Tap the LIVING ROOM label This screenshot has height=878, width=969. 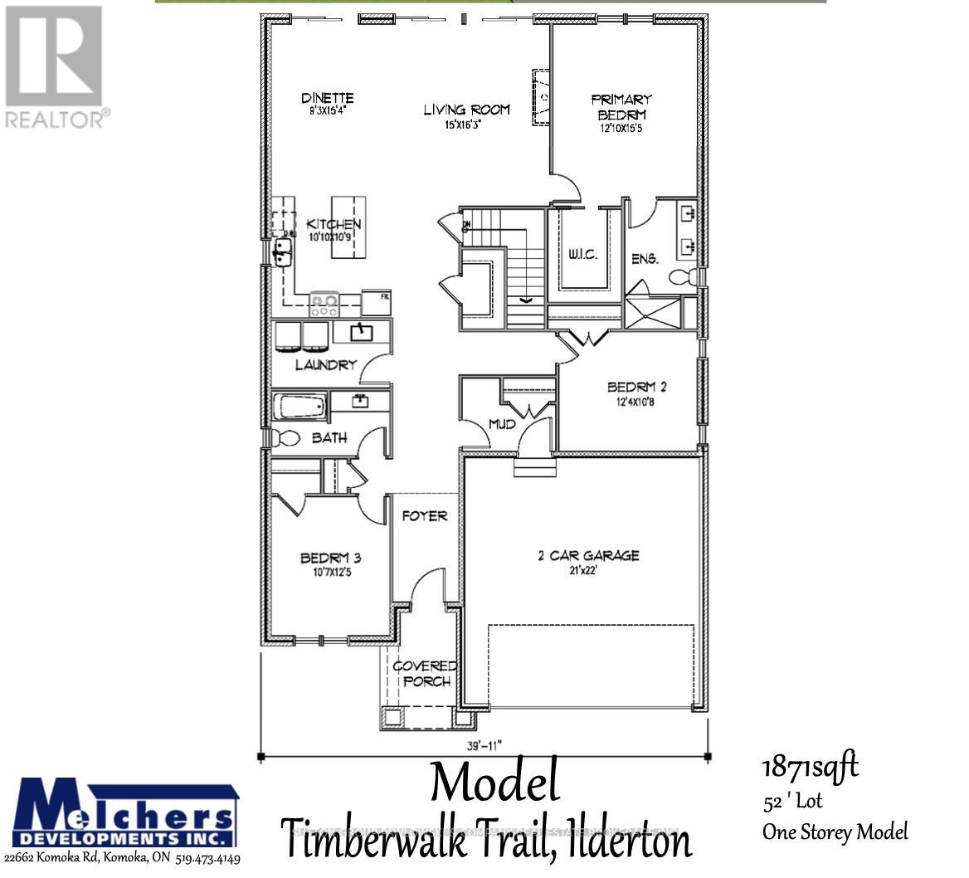[466, 110]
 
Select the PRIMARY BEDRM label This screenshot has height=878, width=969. [621, 107]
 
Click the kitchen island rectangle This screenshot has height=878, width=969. [348, 227]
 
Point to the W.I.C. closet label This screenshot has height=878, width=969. [583, 254]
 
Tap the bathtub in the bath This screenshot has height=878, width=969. [299, 407]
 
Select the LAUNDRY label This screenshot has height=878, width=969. [325, 364]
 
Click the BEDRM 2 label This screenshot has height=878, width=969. [637, 387]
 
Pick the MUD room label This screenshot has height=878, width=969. [502, 424]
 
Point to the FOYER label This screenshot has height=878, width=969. [425, 516]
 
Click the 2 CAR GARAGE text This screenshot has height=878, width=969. [588, 555]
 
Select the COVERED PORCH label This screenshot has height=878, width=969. [425, 674]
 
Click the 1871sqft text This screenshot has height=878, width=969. [810, 766]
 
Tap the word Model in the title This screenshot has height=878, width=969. [494, 783]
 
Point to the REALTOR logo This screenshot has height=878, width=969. [55, 66]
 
